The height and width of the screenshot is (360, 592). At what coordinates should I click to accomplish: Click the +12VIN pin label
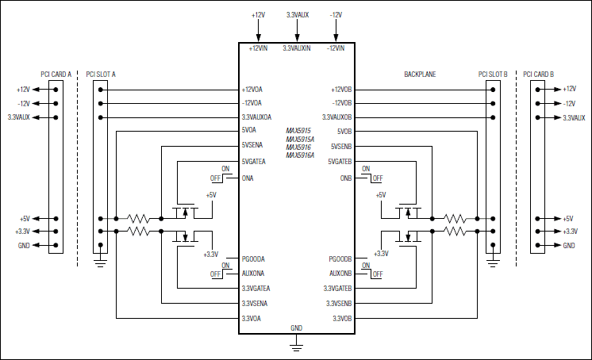click(258, 48)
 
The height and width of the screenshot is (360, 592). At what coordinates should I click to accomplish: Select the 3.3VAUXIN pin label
click(296, 48)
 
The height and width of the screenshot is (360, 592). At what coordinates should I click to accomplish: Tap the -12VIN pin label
click(335, 48)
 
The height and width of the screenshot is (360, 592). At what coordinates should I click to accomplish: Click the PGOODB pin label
click(340, 259)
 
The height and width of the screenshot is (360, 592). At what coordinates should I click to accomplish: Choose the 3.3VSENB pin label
click(339, 304)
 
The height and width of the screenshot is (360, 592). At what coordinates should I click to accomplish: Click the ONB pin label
click(344, 178)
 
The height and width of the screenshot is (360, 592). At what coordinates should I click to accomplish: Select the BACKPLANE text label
click(421, 74)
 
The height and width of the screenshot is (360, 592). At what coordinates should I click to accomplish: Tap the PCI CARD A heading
click(56, 74)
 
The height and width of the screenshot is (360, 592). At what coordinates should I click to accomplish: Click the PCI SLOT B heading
click(493, 74)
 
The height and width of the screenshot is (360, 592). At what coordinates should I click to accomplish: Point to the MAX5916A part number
click(301, 155)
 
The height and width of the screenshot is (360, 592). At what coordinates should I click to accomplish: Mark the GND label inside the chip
click(296, 327)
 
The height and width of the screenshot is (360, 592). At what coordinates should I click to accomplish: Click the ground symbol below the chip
click(296, 343)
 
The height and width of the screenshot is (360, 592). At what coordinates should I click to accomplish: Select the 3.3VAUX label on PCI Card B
click(574, 117)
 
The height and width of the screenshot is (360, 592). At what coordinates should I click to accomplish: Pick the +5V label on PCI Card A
click(23, 219)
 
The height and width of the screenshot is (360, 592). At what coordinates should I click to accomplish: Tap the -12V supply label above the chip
click(336, 14)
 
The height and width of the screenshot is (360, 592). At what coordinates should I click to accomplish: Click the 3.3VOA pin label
click(252, 319)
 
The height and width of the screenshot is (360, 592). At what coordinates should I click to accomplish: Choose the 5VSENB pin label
click(340, 146)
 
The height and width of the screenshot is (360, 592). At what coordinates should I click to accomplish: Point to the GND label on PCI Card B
click(569, 246)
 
